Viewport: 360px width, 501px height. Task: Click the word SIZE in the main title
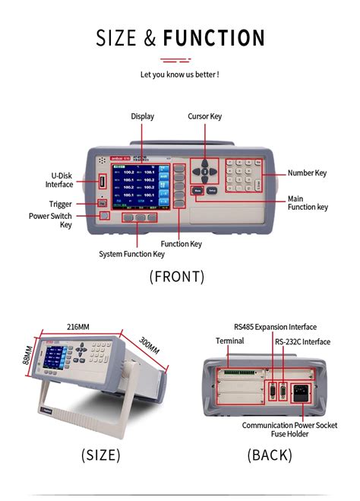tap(116, 38)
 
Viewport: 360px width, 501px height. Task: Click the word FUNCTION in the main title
tap(213, 38)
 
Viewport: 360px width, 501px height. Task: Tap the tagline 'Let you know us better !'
tap(180, 75)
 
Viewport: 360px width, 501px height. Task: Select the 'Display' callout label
tap(142, 116)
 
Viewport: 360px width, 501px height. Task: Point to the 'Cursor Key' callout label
tap(205, 116)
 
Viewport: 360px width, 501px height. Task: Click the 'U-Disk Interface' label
tap(59, 179)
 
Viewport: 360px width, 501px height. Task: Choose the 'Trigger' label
tap(61, 204)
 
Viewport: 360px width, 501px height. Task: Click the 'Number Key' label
tap(307, 173)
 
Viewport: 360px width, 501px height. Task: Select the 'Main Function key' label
tap(308, 203)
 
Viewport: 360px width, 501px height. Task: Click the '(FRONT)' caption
tap(177, 277)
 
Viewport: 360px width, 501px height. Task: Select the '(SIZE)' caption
tap(100, 455)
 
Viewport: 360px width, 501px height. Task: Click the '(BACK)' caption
tap(269, 455)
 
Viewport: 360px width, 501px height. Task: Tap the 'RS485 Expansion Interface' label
tap(275, 327)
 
